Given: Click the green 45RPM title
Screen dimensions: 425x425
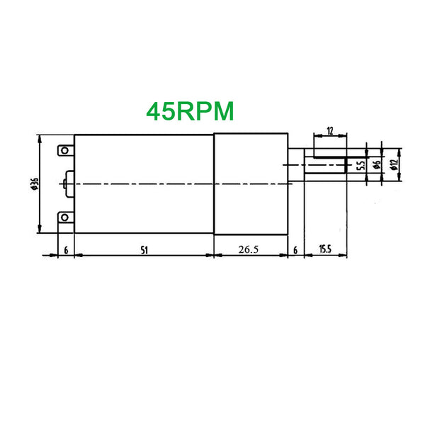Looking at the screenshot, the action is click(x=190, y=111).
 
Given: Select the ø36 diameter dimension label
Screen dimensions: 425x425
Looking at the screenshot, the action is click(x=35, y=183).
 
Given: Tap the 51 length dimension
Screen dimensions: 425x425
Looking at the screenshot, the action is click(x=144, y=250).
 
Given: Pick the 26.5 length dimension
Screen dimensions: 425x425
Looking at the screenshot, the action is click(x=249, y=249).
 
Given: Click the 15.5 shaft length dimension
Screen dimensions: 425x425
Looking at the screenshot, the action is click(x=325, y=249).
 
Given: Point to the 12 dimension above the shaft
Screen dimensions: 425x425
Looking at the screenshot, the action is click(x=330, y=131).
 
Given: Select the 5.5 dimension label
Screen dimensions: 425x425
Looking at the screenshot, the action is click(x=361, y=165).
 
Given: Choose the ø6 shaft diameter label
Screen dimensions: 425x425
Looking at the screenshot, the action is click(x=377, y=164).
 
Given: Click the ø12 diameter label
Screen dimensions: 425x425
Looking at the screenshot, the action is click(x=395, y=164).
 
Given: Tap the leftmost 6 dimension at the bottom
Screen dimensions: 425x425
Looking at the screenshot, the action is click(x=66, y=250).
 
